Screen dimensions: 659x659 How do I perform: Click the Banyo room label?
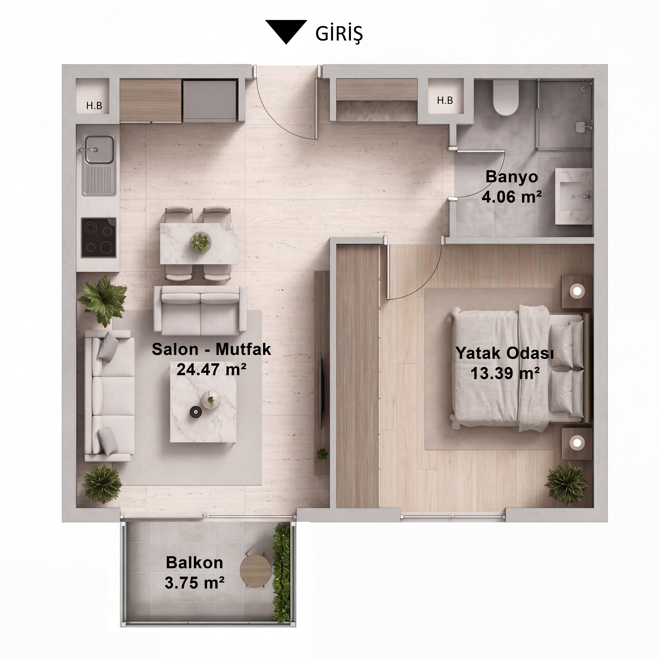[x=512, y=177]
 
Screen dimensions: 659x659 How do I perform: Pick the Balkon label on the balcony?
[x=194, y=562]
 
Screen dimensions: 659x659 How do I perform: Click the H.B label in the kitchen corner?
[x=94, y=106]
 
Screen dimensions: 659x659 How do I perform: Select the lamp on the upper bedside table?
[x=576, y=291]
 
